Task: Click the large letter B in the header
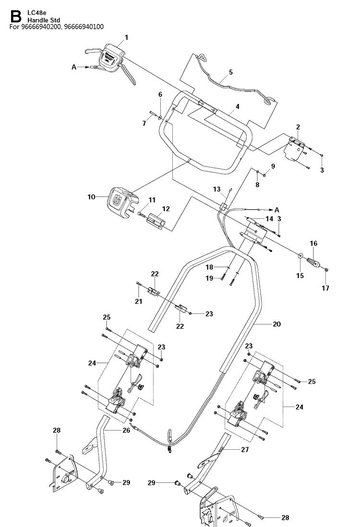(15, 17)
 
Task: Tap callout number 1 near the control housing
(126, 37)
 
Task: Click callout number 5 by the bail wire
(230, 72)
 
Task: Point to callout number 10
(91, 197)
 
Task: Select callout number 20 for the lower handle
(276, 324)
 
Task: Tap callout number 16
(313, 243)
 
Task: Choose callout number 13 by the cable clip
(217, 190)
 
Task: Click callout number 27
(245, 449)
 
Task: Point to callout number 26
(126, 430)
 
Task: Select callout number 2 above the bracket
(298, 127)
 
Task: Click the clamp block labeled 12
(156, 222)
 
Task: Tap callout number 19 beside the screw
(209, 278)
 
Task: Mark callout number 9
(273, 166)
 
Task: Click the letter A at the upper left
(74, 67)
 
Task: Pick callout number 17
(325, 287)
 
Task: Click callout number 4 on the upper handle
(238, 107)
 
